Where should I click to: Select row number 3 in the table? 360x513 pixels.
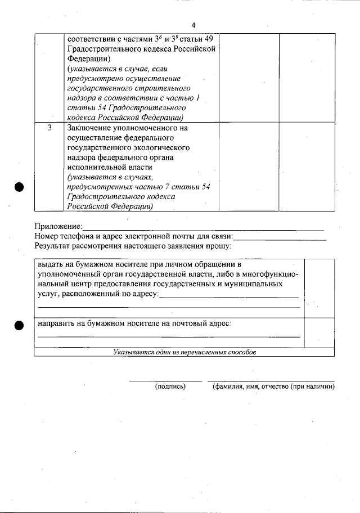(x=49, y=128)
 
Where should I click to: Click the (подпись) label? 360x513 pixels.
(x=170, y=387)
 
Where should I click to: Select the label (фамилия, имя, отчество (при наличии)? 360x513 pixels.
(x=273, y=387)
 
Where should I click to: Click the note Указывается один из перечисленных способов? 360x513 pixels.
(x=184, y=352)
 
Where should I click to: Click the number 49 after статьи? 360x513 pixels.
(x=207, y=39)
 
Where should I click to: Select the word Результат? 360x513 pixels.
(x=55, y=246)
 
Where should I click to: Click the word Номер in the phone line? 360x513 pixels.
(x=47, y=236)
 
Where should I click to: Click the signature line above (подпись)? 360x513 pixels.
(x=165, y=381)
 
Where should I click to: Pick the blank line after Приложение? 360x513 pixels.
(x=203, y=229)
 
